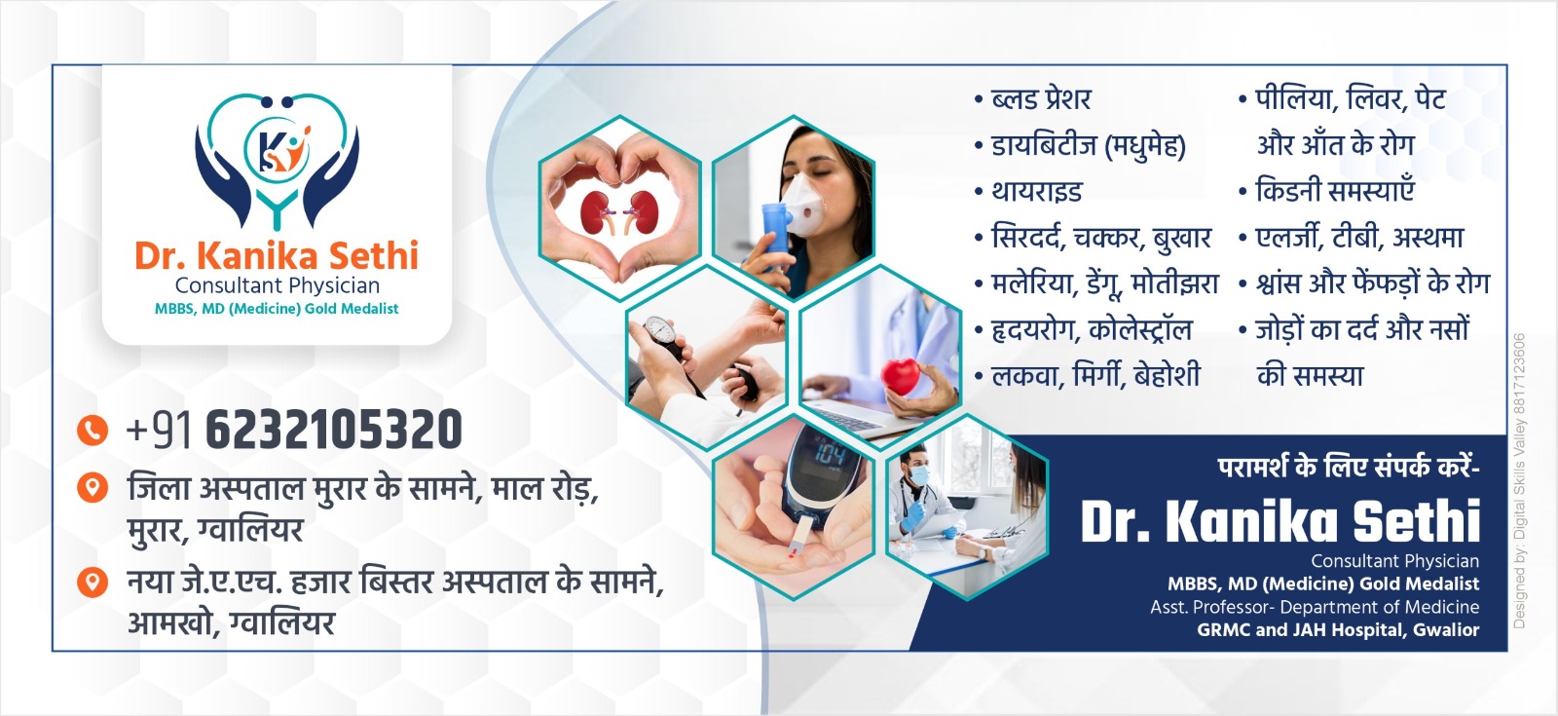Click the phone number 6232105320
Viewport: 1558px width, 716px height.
pyautogui.click(x=333, y=431)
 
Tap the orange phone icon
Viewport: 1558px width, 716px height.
pyautogui.click(x=92, y=430)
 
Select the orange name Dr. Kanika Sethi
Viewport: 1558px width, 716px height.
pyautogui.click(x=277, y=256)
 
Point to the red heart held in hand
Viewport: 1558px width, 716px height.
pyautogui.click(x=902, y=378)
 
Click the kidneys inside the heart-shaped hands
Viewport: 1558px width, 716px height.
pyautogui.click(x=619, y=211)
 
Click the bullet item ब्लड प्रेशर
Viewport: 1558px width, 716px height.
pyautogui.click(x=1040, y=99)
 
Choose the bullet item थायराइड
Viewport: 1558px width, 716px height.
pyautogui.click(x=1036, y=192)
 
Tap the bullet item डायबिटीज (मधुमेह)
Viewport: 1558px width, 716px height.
pyautogui.click(x=1087, y=146)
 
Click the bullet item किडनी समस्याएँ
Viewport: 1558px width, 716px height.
pyautogui.click(x=1334, y=191)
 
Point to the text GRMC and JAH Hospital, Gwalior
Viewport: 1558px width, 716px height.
pyautogui.click(x=1337, y=630)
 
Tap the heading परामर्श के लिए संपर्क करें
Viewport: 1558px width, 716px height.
pyautogui.click(x=1348, y=468)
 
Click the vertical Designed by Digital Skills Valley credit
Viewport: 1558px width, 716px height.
pyautogui.click(x=1519, y=481)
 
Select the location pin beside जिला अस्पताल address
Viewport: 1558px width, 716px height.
pyautogui.click(x=92, y=487)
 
